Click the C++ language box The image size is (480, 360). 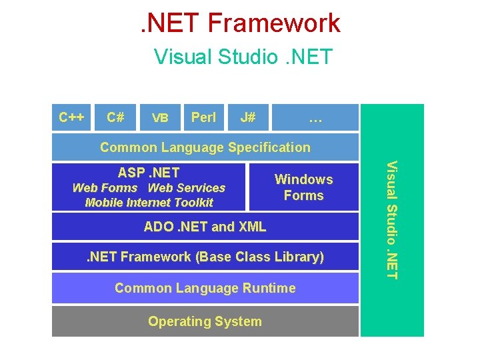coord(71,118)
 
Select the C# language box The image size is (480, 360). coord(115,118)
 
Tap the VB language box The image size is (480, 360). coord(159,118)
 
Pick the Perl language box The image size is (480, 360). coord(203,118)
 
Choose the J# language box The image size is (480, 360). coord(247,118)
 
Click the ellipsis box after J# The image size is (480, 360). coord(315,118)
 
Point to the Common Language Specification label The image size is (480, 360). coord(205,147)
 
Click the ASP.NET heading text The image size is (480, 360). coord(149,173)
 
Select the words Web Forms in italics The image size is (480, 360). coord(105,188)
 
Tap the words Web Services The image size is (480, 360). coord(187,188)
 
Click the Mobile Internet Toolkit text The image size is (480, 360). coord(149,203)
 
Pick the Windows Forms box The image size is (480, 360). coord(303,187)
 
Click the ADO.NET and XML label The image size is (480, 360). coord(205,227)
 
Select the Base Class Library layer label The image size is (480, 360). coord(205,257)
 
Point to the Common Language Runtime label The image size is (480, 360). coord(205,288)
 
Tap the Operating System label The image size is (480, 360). coord(205,321)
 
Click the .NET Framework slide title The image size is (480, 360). coord(240,23)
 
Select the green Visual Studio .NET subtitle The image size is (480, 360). coord(243,57)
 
